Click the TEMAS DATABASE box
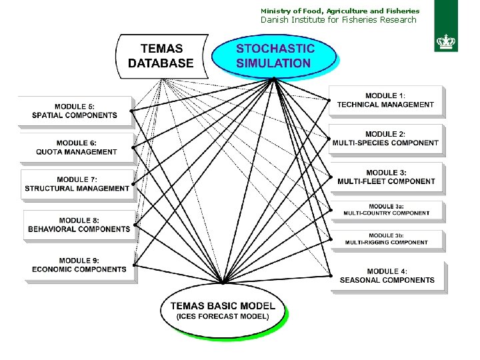point(160,56)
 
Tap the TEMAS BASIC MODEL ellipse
point(223,310)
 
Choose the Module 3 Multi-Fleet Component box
point(386,177)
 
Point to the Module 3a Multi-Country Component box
point(386,210)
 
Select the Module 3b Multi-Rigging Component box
point(386,239)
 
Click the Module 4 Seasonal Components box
point(387,275)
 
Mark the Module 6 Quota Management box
point(77,147)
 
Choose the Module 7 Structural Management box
point(77,184)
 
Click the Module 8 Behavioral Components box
point(79,225)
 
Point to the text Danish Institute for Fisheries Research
point(338,20)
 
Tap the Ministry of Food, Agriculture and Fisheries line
point(340,11)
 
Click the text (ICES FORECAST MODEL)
point(223,316)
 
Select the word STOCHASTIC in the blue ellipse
point(275,49)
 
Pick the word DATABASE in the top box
point(160,64)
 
